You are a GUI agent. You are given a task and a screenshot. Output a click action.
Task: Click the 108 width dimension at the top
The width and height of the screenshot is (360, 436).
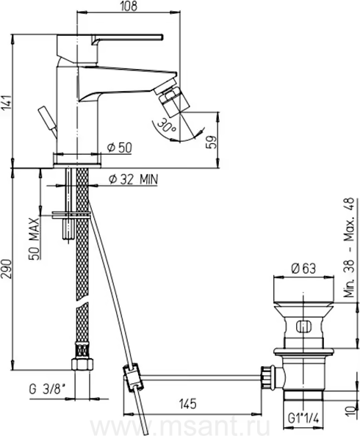[x=129, y=6]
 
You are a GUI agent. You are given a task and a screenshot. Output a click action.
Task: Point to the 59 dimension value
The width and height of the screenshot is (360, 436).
[x=212, y=142]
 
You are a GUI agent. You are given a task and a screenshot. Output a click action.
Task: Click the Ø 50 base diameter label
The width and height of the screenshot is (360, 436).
[x=120, y=148]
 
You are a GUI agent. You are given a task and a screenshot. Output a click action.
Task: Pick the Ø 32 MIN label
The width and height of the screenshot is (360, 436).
[x=134, y=179]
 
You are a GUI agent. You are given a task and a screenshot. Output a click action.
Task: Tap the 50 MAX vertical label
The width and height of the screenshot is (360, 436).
[x=34, y=239]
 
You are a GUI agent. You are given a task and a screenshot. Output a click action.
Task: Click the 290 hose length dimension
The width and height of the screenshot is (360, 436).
[x=7, y=269]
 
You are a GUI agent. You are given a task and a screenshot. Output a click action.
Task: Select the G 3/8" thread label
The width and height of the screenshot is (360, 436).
[x=47, y=390]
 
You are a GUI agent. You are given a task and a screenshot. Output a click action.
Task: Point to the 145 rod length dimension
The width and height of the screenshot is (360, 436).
[x=188, y=404]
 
